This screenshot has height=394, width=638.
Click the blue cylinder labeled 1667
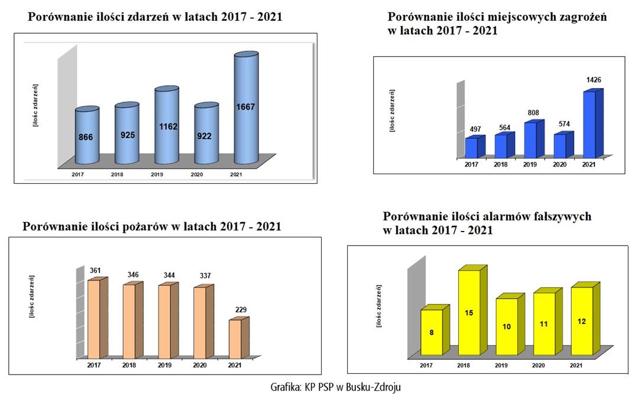(x=246, y=109)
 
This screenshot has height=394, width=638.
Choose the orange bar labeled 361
(x=94, y=319)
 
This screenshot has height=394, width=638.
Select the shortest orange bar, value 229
(x=235, y=338)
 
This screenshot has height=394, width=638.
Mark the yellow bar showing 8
(x=432, y=333)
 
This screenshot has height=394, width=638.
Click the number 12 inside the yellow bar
(x=582, y=321)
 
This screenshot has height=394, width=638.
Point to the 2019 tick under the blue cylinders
(x=157, y=175)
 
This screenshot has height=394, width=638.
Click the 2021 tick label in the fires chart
(x=235, y=366)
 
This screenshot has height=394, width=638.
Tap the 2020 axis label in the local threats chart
(x=559, y=164)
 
